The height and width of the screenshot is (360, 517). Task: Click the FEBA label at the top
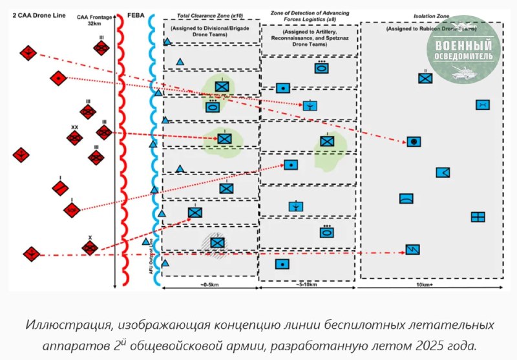pos(137,14)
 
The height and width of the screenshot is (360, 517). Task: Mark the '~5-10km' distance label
pos(307,285)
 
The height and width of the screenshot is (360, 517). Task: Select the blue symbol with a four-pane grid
pos(478,217)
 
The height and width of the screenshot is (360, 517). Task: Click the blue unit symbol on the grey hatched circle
pos(217,242)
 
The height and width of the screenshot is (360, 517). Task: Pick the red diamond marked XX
pos(75,138)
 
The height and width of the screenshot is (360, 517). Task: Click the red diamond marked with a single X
pos(90,247)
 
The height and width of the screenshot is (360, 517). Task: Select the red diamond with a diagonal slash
pos(60,188)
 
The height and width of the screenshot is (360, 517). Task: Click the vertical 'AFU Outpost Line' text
pos(151,255)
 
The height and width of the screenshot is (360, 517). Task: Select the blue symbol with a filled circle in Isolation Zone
pos(414,142)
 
